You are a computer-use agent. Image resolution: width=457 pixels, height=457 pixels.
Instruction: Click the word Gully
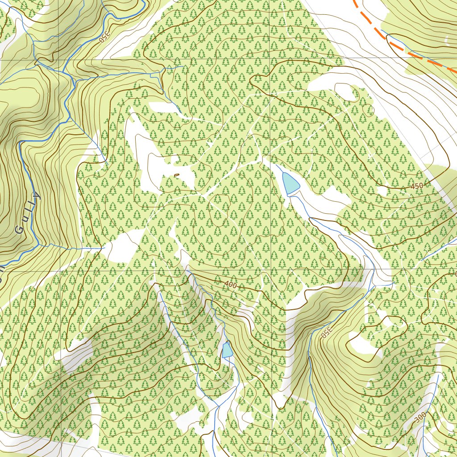point(27,213)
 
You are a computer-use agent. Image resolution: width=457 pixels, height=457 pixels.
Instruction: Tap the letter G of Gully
point(19,230)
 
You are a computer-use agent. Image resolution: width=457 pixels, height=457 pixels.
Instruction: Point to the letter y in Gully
point(36,196)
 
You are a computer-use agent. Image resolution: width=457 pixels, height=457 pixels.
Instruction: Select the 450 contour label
point(416,186)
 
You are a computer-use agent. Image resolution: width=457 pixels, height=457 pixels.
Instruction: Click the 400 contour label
point(231,284)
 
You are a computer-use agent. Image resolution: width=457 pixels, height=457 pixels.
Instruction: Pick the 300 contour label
point(420,418)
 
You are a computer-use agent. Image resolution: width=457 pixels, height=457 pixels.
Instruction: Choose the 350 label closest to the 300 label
point(326,333)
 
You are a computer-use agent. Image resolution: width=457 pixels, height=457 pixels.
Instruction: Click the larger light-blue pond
point(290,183)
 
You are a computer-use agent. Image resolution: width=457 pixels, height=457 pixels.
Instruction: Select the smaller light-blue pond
point(228,349)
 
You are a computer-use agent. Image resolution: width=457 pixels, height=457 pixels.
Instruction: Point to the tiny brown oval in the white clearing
point(177,175)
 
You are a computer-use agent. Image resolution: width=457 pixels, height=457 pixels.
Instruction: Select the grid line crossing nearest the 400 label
point(270,270)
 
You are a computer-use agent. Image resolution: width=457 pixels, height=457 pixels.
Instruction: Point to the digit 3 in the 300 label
point(416,420)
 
